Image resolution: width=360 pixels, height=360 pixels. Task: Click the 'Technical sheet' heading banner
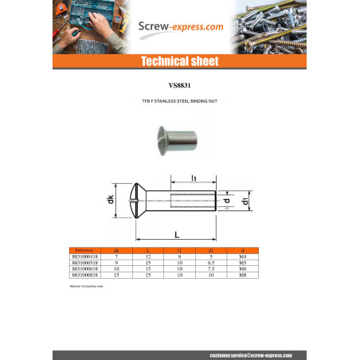180,62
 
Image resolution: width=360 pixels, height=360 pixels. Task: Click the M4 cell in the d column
275,256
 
